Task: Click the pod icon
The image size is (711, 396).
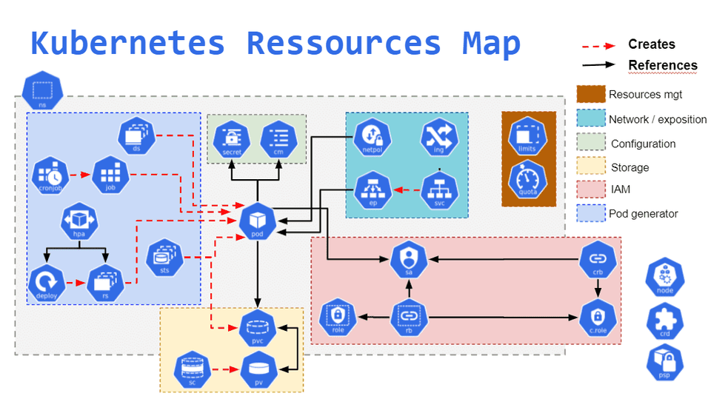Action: click(x=258, y=221)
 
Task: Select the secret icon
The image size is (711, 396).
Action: click(x=232, y=138)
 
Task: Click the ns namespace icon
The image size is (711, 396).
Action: click(x=42, y=91)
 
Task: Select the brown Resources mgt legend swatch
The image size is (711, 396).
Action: click(x=590, y=95)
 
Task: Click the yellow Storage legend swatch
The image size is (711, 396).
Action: click(x=590, y=167)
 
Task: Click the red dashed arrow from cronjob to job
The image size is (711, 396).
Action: click(x=79, y=176)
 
